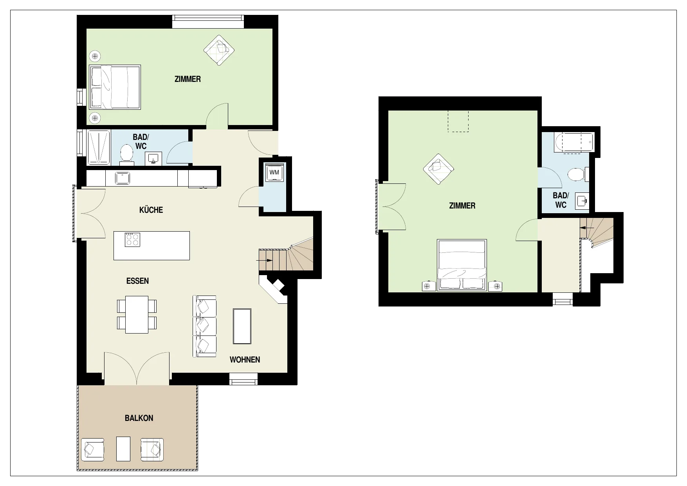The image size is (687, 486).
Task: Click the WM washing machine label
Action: pyautogui.click(x=274, y=172)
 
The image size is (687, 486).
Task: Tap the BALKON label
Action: pyautogui.click(x=139, y=418)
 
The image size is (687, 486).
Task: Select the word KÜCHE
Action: pyautogui.click(x=151, y=210)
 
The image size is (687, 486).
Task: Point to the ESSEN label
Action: pyautogui.click(x=137, y=281)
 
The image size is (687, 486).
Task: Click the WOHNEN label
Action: pyautogui.click(x=245, y=360)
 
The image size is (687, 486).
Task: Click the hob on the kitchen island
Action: pyautogui.click(x=132, y=239)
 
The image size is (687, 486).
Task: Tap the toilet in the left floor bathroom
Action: pyautogui.click(x=126, y=154)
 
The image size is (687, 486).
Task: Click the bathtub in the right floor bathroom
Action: pyautogui.click(x=574, y=142)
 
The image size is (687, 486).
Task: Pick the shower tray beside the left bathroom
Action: pyautogui.click(x=99, y=147)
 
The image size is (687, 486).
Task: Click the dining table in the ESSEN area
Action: pyautogui.click(x=137, y=315)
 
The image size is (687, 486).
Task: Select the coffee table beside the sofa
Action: pyautogui.click(x=242, y=326)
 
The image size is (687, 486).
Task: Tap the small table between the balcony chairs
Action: pyautogui.click(x=123, y=448)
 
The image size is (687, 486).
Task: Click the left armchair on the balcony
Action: pyautogui.click(x=93, y=450)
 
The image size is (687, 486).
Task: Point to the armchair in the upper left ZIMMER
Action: pyautogui.click(x=219, y=50)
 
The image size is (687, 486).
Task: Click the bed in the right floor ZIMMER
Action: pyautogui.click(x=462, y=265)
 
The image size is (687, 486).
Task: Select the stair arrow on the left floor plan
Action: pyautogui.click(x=265, y=260)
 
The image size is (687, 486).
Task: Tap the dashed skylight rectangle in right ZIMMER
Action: pyautogui.click(x=458, y=121)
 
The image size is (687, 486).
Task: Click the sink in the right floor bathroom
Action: pyautogui.click(x=582, y=201)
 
